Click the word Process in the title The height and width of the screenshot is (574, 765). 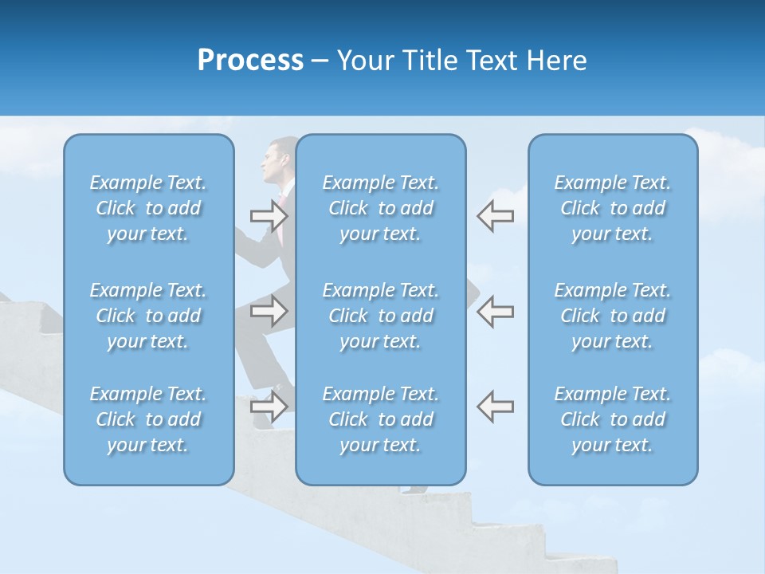[x=250, y=61]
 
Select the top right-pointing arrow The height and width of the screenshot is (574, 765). [x=269, y=215]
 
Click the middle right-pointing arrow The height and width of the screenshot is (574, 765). [x=269, y=311]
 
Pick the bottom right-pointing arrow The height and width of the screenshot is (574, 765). [x=269, y=407]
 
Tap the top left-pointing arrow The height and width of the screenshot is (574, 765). [x=495, y=215]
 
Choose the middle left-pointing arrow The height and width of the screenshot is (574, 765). [x=495, y=311]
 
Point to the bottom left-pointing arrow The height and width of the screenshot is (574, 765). [x=495, y=407]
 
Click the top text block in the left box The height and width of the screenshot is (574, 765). [x=148, y=208]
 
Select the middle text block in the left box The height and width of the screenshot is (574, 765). [x=148, y=316]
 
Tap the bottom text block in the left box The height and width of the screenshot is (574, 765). [x=148, y=419]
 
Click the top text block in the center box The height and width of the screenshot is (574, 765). [x=380, y=208]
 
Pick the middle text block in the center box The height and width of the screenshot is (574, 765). [x=380, y=316]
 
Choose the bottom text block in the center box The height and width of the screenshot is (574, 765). [x=380, y=419]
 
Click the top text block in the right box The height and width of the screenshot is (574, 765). [x=612, y=208]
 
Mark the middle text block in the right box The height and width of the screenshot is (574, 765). [x=612, y=316]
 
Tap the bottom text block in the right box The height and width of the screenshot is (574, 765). [x=612, y=419]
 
